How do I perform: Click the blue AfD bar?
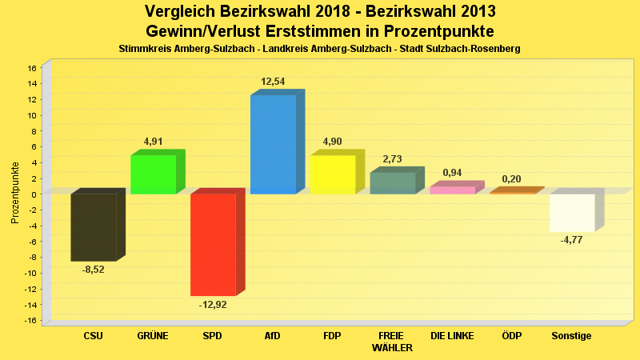pos(273,145)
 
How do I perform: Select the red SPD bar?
pos(213,245)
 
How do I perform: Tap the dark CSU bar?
pos(94,227)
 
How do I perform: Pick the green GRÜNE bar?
pos(153,174)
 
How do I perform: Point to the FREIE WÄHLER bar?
pos(392,183)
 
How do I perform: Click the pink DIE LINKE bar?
pos(452,190)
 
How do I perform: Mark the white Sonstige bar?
pos(572,213)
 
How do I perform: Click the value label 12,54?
pos(273,82)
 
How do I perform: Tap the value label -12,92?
pos(213,304)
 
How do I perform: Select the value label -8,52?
pos(94,270)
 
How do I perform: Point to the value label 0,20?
pos(511,179)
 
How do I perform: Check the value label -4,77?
pos(571,240)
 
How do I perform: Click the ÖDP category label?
pos(511,336)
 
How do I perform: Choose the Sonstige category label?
pos(571,336)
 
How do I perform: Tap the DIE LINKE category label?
pos(452,336)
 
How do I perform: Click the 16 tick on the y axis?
pos(33,68)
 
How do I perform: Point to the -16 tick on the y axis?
pos(31,321)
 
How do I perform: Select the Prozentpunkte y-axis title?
pos(15,193)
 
